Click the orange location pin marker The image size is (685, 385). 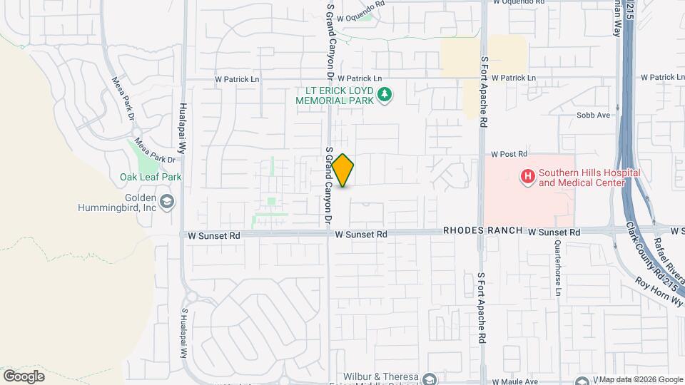[343, 170]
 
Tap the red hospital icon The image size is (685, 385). [527, 175]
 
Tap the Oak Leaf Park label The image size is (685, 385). [151, 177]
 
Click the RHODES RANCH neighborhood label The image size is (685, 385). [482, 232]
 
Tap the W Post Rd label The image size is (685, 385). [508, 154]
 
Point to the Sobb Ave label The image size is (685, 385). [594, 115]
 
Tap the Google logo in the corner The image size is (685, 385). [24, 376]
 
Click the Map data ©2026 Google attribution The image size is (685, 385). [638, 379]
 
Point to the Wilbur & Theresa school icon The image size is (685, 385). [429, 378]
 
